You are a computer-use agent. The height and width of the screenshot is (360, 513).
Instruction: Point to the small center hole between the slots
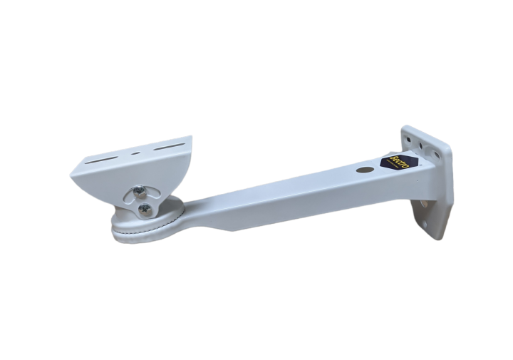coord(136,153)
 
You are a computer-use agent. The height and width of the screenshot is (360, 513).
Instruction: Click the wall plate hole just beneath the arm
coord(424,204)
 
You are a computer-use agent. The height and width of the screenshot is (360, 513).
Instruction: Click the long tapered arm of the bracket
coord(285,196)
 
